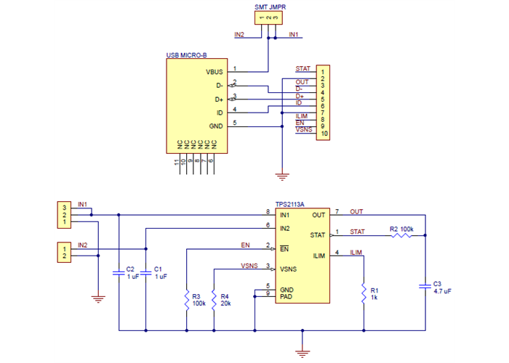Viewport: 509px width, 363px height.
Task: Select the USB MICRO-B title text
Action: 187,55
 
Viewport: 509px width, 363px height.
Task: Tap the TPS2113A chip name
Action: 291,205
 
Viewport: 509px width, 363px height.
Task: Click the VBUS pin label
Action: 215,72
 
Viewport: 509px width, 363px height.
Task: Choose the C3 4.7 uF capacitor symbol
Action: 425,286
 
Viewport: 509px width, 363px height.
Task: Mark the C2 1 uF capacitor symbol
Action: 118,273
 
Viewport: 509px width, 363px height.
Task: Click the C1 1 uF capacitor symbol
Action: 145,273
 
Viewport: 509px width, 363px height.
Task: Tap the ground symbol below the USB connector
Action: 281,174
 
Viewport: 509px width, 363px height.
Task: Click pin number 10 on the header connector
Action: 324,134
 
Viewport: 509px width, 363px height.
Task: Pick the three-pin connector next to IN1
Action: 65,214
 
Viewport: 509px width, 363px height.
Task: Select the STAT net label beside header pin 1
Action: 302,68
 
